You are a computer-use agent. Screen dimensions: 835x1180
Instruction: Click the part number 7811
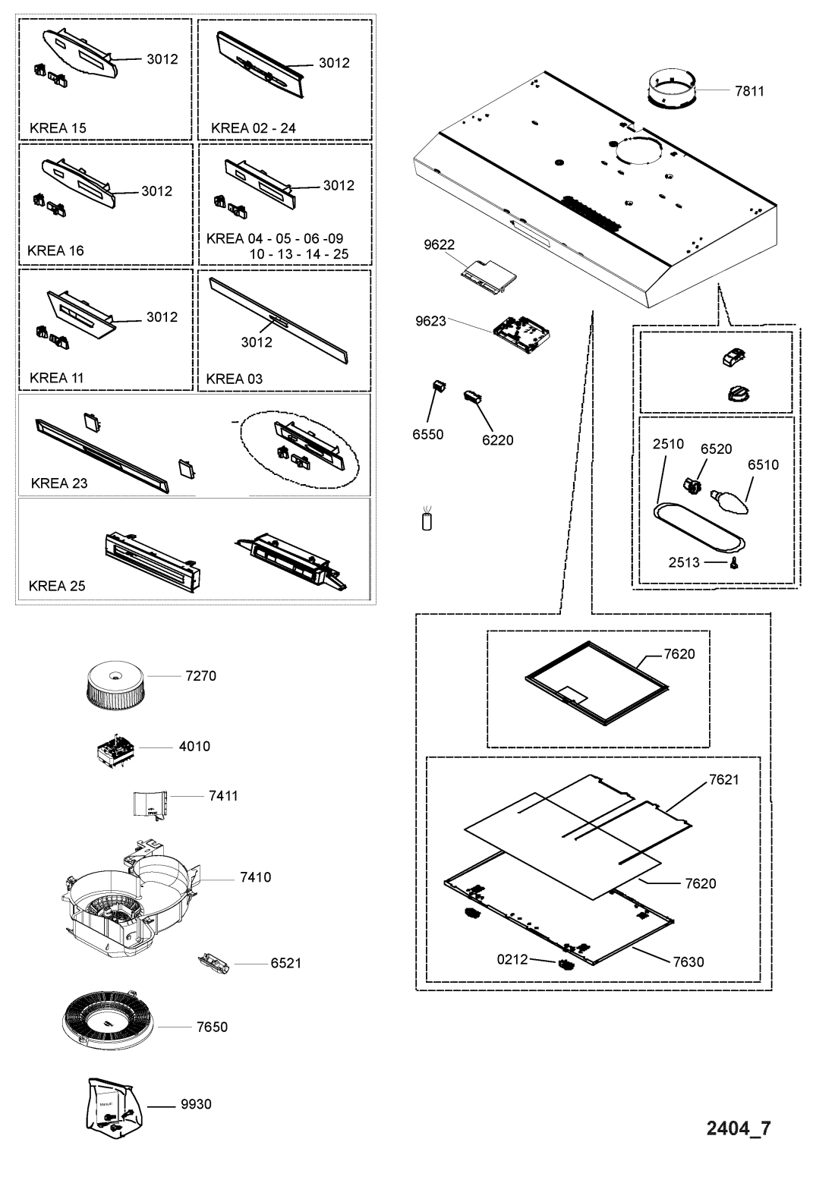pos(749,91)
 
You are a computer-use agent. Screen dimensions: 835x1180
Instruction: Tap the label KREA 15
pos(58,128)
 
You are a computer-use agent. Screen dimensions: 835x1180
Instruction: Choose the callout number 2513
pos(684,562)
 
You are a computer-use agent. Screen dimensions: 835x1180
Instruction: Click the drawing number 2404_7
pos(738,1128)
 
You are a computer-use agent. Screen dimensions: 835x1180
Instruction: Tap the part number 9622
pos(439,245)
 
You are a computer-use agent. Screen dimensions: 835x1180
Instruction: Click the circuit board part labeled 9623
pos(522,335)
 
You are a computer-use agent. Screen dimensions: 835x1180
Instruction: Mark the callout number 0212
pos(512,959)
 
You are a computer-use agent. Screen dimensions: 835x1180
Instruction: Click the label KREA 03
pos(234,379)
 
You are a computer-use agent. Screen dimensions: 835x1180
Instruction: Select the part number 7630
pos(688,962)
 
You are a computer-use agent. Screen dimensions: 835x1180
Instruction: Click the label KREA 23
pos(59,483)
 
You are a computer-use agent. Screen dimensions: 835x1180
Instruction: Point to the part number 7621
pos(724,779)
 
